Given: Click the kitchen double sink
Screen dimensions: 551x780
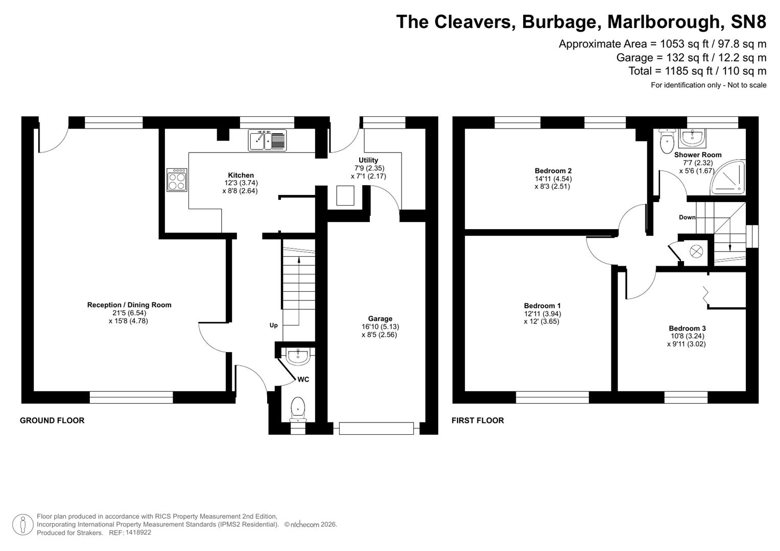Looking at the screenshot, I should point(267,140).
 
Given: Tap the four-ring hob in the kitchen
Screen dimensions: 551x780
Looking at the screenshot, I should point(177,180).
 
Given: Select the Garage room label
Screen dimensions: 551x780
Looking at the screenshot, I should point(380,319).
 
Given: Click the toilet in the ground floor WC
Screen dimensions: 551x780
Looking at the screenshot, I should point(297,409).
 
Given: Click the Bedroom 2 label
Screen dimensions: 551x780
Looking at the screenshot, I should point(553,171).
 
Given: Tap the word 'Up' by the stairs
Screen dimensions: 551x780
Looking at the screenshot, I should point(274,325).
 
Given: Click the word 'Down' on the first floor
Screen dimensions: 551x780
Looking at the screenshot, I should point(687,217).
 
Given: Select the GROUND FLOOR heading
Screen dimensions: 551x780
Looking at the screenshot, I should point(52,420).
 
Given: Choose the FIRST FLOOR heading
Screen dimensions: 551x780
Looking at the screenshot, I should point(478,420).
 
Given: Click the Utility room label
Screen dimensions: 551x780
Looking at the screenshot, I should point(368,160).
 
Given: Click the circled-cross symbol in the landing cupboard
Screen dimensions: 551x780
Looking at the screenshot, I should point(696,251).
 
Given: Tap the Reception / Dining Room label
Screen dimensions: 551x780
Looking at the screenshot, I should point(129,305).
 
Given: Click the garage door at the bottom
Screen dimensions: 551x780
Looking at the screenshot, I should point(376,428).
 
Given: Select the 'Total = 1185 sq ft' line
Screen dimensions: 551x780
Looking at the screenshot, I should point(697,71).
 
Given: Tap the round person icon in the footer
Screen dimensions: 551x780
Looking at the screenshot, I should point(23,524).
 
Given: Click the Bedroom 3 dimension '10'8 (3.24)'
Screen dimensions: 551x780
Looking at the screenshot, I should point(687,336).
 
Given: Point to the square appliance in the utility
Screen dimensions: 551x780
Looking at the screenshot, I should point(345,195).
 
